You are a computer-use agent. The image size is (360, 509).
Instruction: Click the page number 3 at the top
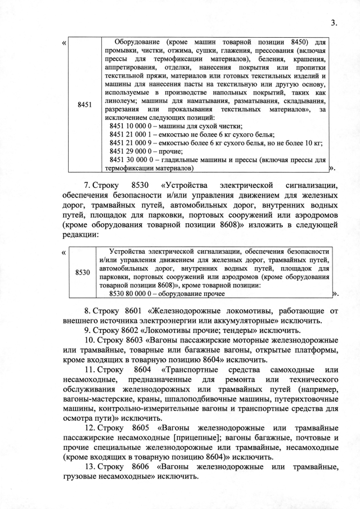[334, 22]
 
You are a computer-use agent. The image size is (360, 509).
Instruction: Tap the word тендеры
[245, 330]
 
